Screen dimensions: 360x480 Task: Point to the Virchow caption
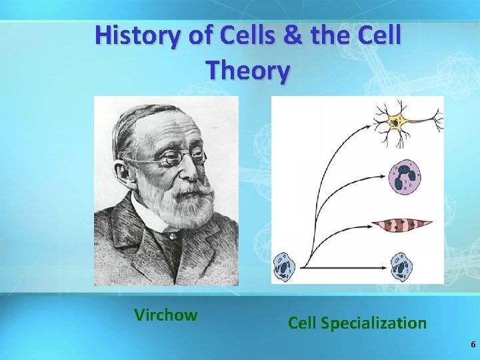pos(165,315)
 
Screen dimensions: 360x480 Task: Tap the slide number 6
pos(473,345)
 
